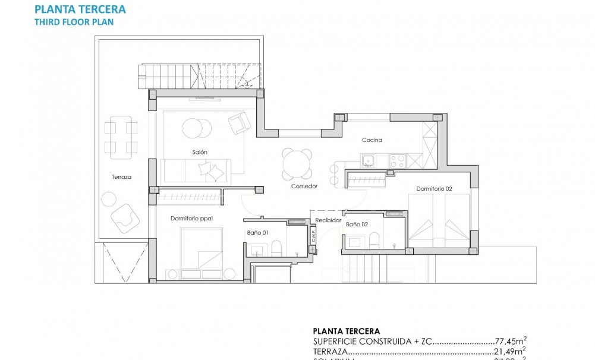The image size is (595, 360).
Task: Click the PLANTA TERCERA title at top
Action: (x=80, y=9)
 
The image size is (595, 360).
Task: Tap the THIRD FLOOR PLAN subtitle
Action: (x=74, y=21)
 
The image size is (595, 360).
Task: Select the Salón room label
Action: (x=200, y=152)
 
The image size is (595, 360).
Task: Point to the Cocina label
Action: (x=372, y=140)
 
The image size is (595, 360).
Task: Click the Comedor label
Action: (x=304, y=186)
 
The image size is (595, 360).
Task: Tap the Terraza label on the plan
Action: (x=121, y=177)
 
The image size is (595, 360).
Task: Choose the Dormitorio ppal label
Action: (x=191, y=218)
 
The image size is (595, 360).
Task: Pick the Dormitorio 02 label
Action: (x=434, y=188)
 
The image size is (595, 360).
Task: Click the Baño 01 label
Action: (x=257, y=233)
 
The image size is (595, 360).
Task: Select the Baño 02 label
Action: (x=357, y=225)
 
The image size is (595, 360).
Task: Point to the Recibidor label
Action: (x=329, y=220)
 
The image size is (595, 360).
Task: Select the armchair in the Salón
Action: (x=240, y=122)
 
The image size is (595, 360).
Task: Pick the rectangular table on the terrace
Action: (x=121, y=137)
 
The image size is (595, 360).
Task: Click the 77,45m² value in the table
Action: (x=511, y=342)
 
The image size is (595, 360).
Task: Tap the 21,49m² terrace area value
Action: (x=511, y=352)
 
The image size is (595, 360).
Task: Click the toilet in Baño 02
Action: (x=374, y=240)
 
